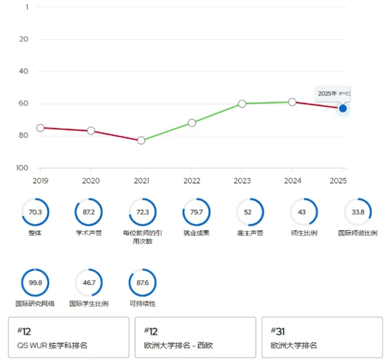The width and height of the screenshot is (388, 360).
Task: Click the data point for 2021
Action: coord(141,140)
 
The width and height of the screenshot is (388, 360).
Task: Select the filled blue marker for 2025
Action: coord(343,108)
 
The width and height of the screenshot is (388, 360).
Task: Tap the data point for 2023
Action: coord(242,103)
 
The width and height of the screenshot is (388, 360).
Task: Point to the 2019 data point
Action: coord(40,127)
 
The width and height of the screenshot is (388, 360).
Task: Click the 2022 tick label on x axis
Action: coord(192,180)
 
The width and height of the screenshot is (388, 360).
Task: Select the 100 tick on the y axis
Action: coord(24,168)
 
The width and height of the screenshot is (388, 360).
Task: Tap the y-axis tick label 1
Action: coord(26,7)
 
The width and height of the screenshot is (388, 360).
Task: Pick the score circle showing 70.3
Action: coord(35,212)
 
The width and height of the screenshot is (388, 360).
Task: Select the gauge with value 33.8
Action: coord(358,212)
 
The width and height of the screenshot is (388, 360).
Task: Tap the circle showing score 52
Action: coord(250,212)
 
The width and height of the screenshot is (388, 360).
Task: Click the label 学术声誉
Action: coord(88,233)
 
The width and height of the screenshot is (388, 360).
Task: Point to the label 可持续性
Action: coord(143,304)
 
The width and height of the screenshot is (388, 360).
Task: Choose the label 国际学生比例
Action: coord(88,304)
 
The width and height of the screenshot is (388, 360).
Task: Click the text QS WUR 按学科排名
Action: coord(53,345)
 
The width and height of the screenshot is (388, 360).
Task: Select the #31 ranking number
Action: coord(277,331)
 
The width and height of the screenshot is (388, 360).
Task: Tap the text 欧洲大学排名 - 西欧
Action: coord(179,345)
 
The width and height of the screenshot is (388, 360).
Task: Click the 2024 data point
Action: coord(292,102)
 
